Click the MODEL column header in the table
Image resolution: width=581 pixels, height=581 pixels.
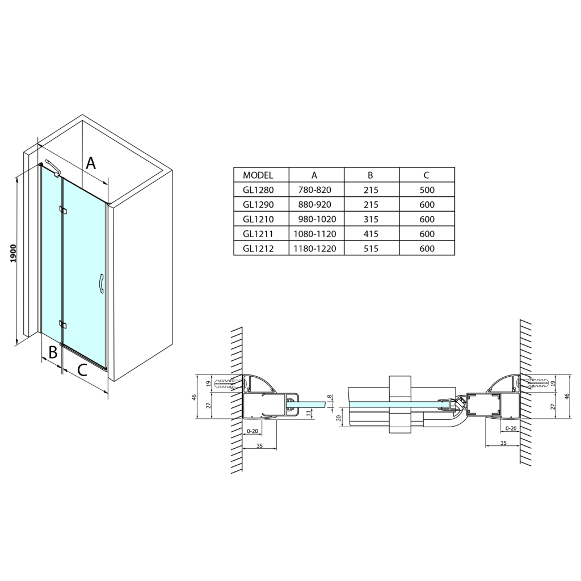[258, 175]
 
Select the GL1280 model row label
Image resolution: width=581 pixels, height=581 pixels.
[258, 190]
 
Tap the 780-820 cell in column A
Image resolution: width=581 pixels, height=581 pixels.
[314, 190]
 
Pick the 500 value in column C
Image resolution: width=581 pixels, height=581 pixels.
[427, 190]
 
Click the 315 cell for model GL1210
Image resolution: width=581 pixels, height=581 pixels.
[371, 220]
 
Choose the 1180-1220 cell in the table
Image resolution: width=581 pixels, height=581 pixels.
[315, 249]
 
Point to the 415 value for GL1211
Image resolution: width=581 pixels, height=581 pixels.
[371, 234]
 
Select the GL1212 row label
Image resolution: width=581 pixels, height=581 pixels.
[258, 249]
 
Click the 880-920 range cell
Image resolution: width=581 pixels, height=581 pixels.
[314, 204]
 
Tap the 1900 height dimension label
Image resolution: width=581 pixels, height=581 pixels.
[14, 253]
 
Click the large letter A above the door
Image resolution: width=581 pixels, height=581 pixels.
[91, 163]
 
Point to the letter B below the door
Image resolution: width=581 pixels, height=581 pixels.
[53, 352]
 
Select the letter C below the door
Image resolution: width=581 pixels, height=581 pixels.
[82, 369]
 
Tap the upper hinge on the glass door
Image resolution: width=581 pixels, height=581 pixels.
[63, 210]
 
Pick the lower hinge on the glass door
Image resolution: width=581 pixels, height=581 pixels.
[63, 325]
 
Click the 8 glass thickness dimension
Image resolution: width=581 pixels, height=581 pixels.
[329, 396]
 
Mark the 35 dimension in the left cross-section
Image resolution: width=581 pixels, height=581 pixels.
[259, 445]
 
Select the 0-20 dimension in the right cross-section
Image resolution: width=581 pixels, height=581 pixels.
[511, 428]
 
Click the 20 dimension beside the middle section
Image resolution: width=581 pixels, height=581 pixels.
[338, 418]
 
